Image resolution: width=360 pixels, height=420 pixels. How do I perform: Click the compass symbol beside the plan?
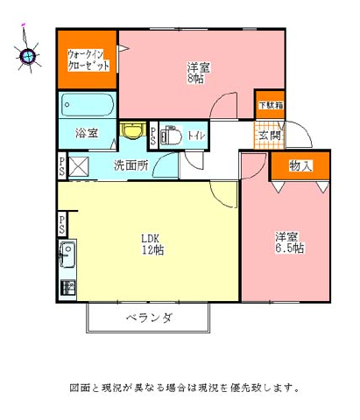[x=28, y=55]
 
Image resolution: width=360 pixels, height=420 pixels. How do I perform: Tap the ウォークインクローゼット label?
[x=88, y=59]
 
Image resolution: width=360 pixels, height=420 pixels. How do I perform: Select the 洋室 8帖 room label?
[x=198, y=73]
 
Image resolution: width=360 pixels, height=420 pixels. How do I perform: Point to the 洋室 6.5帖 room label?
[x=290, y=242]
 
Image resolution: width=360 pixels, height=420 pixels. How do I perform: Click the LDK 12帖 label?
[x=152, y=244]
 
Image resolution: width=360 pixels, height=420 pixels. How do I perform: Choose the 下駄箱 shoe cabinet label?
[x=271, y=105]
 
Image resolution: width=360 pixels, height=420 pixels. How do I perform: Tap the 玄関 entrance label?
[x=270, y=136]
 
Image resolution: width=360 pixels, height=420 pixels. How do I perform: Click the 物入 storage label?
[x=300, y=165]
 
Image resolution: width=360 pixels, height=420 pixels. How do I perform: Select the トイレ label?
[x=196, y=136]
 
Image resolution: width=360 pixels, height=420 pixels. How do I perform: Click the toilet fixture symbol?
[x=171, y=136]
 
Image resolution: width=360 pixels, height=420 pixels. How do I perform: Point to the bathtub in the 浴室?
[x=88, y=105]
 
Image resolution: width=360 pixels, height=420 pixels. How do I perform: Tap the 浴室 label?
[x=87, y=133]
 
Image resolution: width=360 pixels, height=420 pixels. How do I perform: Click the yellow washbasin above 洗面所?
[x=133, y=129]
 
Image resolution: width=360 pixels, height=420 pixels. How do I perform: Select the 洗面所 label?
[x=131, y=165]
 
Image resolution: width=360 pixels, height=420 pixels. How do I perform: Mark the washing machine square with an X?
[x=78, y=166]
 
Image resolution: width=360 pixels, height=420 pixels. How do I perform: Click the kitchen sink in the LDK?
[x=67, y=255]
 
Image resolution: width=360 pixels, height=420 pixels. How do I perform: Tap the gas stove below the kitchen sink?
[x=67, y=287]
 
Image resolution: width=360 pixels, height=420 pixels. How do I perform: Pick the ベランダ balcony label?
[x=149, y=318]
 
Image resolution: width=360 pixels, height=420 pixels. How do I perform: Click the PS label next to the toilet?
[x=153, y=136]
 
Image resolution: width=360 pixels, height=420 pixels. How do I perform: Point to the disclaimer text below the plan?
[x=184, y=388]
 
